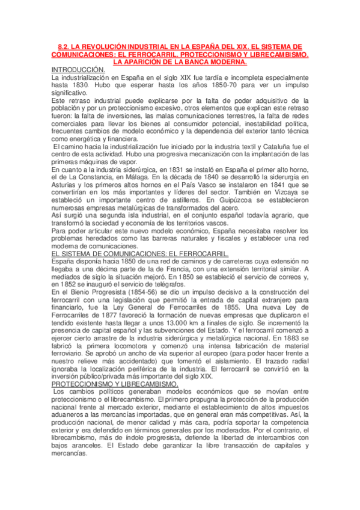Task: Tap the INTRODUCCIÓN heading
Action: (x=78, y=70)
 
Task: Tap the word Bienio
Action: (x=73, y=293)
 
